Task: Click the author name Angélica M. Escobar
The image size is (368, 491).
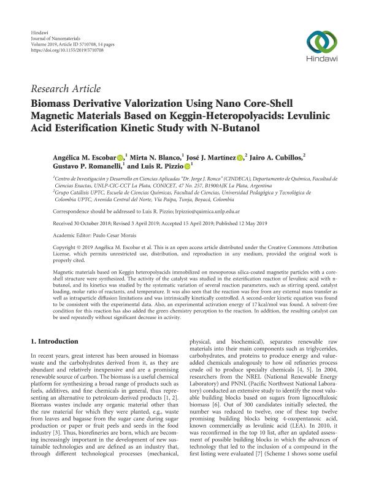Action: tap(81, 158)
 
